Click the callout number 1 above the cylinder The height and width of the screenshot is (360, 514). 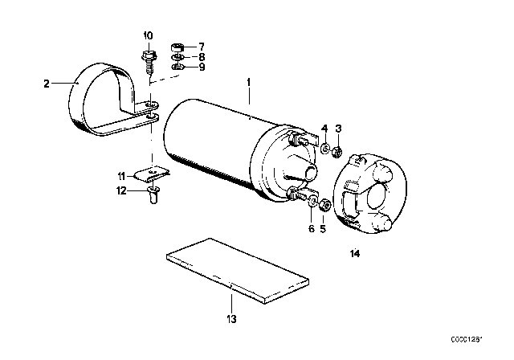tap(249, 83)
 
